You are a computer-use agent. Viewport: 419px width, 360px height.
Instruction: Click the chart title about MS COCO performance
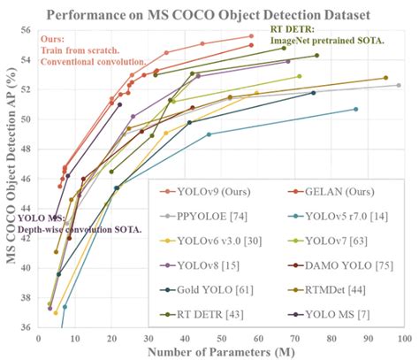[220, 15]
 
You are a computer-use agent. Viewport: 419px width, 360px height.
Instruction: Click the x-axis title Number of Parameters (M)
[220, 351]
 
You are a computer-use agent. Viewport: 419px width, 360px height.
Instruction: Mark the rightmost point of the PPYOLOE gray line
[399, 85]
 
